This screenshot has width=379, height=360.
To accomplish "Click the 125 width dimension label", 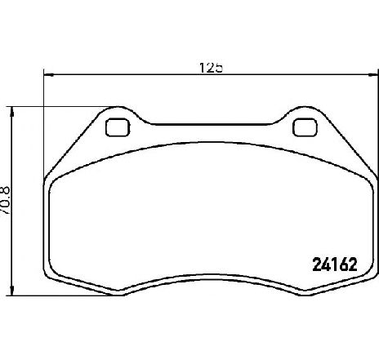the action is (x=211, y=68).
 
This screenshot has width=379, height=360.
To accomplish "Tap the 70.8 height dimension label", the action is (x=6, y=200).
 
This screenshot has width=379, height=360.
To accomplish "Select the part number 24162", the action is (x=335, y=264).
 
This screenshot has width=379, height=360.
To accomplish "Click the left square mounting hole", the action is (x=118, y=127).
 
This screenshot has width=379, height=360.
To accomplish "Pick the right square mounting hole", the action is (x=305, y=127).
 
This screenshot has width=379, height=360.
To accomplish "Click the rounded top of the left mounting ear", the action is (x=118, y=107).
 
